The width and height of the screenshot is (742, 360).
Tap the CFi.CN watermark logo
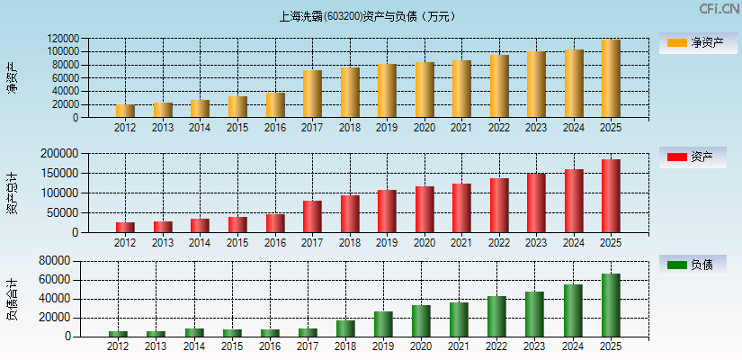[719, 9]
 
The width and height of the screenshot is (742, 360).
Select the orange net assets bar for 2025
[611, 78]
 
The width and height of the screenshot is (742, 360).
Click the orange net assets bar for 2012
[125, 111]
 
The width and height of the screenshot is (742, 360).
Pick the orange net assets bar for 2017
[312, 94]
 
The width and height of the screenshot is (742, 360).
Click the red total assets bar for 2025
[611, 196]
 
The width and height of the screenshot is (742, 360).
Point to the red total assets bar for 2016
[275, 223]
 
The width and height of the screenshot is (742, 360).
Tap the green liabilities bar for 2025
[611, 305]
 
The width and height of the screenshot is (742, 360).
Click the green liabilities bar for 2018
[345, 328]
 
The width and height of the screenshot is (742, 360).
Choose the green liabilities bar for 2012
[118, 334]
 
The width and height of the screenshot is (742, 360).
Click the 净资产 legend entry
[693, 42]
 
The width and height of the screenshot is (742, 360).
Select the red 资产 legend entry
[693, 157]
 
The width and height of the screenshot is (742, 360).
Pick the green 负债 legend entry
[693, 265]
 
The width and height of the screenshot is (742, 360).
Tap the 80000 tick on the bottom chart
[56, 261]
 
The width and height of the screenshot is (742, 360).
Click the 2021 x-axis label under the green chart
[460, 346]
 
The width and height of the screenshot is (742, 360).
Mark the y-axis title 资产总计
[12, 193]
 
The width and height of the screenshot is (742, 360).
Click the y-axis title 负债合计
[12, 299]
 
